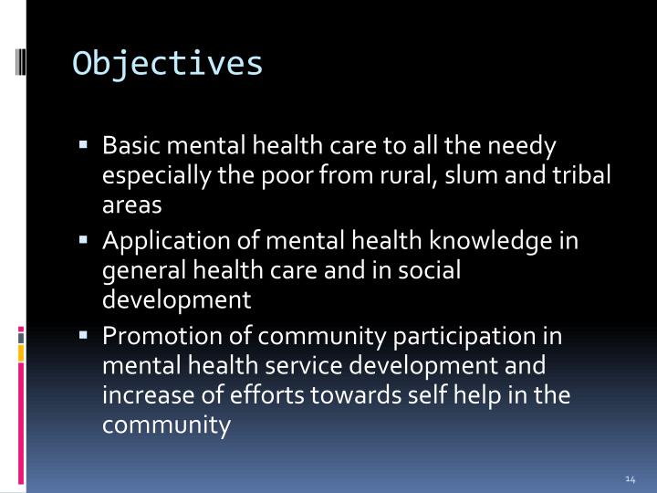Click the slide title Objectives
168,64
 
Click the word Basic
130,146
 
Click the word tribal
579,176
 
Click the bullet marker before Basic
83,144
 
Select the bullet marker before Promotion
83,334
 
